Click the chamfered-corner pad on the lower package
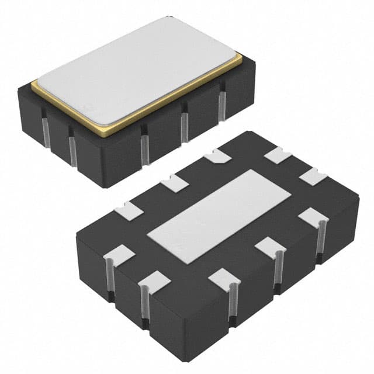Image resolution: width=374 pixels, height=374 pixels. coord(217,155)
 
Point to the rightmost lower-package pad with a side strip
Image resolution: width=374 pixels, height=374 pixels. coord(313,218)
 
